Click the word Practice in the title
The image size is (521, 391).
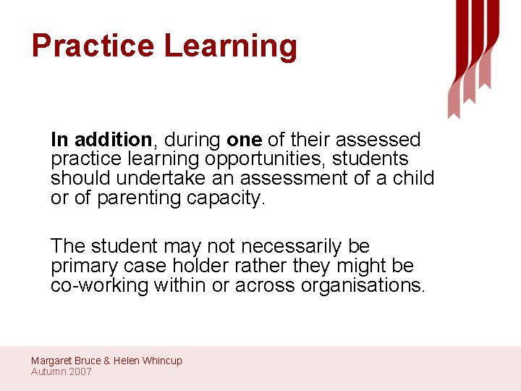[x=93, y=46]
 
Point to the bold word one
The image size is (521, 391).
[x=244, y=139]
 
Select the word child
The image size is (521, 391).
[x=413, y=178]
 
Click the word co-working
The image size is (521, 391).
[x=99, y=285]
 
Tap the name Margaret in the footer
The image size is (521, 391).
[x=53, y=361]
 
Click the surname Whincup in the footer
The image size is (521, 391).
[x=162, y=361]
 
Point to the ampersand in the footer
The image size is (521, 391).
[x=106, y=361]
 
